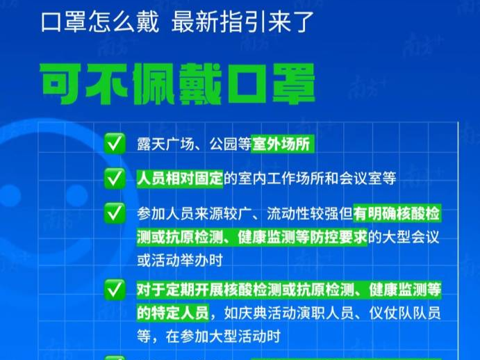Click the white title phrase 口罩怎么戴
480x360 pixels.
(100, 22)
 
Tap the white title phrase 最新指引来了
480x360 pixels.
(242, 22)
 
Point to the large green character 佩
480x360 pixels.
(154, 83)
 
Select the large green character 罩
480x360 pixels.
(293, 83)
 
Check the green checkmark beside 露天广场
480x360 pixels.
(115, 143)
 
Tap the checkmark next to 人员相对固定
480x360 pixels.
(115, 178)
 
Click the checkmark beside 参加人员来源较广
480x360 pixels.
(115, 213)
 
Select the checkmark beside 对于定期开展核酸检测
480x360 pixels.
(115, 290)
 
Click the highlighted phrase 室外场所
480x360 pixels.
(281, 144)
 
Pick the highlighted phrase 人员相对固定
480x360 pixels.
(180, 179)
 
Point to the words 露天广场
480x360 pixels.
(165, 144)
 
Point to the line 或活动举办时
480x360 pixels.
(180, 261)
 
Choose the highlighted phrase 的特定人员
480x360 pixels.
(173, 313)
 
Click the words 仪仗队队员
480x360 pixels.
(405, 313)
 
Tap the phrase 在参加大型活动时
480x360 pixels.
(223, 336)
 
